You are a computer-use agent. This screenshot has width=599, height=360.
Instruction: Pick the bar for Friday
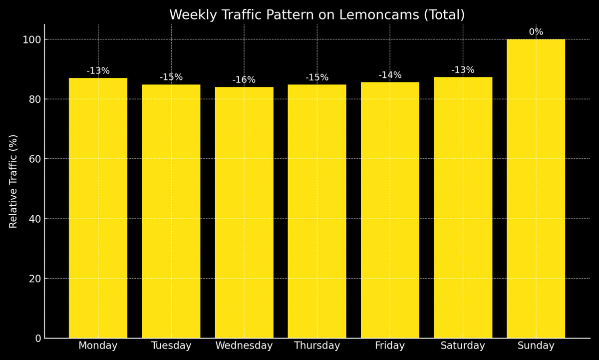point(390,210)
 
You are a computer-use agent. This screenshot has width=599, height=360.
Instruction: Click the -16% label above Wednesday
point(244,80)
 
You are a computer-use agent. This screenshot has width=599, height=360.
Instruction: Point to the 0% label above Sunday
point(536,32)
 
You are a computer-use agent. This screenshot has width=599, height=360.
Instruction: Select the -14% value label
point(390,75)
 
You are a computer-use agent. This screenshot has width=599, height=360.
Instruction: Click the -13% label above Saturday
point(463,70)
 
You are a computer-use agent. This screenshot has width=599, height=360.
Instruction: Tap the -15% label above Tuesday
point(171,77)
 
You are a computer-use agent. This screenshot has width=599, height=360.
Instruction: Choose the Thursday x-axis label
point(317,346)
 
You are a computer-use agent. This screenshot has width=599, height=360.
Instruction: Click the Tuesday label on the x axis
point(171,346)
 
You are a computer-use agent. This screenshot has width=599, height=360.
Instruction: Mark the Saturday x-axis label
point(463,346)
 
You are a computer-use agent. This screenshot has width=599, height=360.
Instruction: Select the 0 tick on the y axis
point(38,338)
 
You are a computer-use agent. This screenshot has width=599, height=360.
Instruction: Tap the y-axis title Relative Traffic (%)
point(13,181)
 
